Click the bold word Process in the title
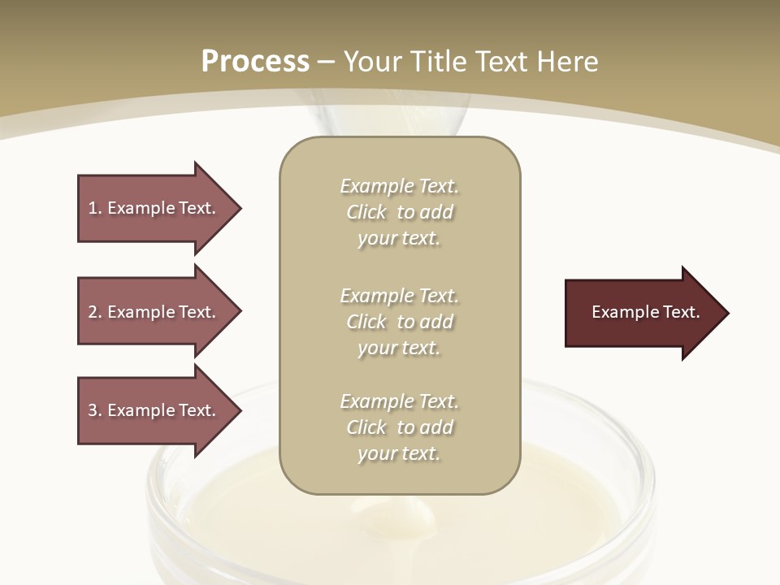[x=255, y=61]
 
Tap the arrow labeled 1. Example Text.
[x=154, y=208]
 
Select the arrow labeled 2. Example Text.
[x=154, y=312]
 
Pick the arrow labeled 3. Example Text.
[x=154, y=410]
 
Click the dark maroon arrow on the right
[x=642, y=312]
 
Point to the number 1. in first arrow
[x=95, y=208]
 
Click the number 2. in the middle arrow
[x=95, y=312]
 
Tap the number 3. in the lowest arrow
[x=95, y=410]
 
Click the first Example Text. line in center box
[x=399, y=187]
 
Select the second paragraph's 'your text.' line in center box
[x=399, y=348]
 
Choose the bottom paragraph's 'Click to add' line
[x=399, y=427]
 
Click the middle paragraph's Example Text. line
[x=399, y=295]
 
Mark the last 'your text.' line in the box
[x=399, y=453]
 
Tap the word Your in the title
[x=373, y=62]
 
